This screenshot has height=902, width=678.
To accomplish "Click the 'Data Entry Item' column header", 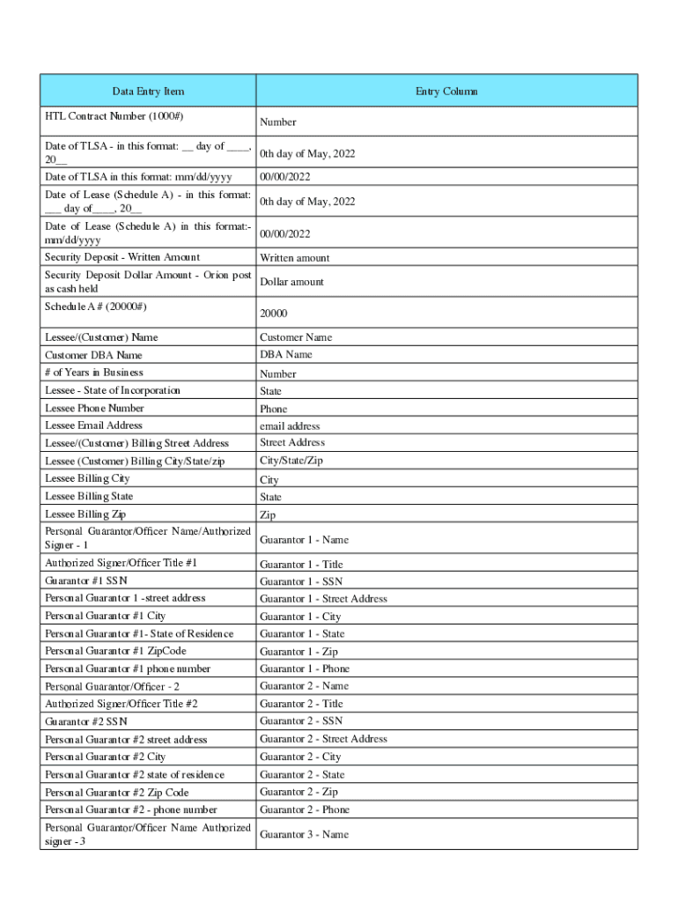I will [148, 92].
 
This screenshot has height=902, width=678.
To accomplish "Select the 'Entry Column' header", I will [446, 92].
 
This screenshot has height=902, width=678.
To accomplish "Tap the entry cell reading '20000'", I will [273, 314].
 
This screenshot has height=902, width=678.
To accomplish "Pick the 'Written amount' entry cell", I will [294, 258].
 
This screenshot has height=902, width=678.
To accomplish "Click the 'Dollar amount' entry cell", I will [291, 282].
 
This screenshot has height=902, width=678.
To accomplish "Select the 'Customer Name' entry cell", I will [296, 337].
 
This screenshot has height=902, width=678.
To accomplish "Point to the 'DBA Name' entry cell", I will [285, 355].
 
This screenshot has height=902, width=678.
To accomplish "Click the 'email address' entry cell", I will [290, 426].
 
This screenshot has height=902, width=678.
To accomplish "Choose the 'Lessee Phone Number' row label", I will [94, 409].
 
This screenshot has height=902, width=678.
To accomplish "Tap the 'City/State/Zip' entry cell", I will [291, 461].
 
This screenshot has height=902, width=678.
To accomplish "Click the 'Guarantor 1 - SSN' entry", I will [301, 581].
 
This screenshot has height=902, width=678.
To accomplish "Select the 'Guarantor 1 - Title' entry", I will [301, 565].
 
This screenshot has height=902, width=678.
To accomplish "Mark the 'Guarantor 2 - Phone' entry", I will [305, 810].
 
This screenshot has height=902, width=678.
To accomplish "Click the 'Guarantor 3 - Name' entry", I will [304, 834].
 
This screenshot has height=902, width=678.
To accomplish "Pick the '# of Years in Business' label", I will [93, 373].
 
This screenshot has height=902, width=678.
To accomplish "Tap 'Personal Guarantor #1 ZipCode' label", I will [115, 651].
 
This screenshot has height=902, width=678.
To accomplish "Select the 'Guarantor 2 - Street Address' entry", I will [323, 739].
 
